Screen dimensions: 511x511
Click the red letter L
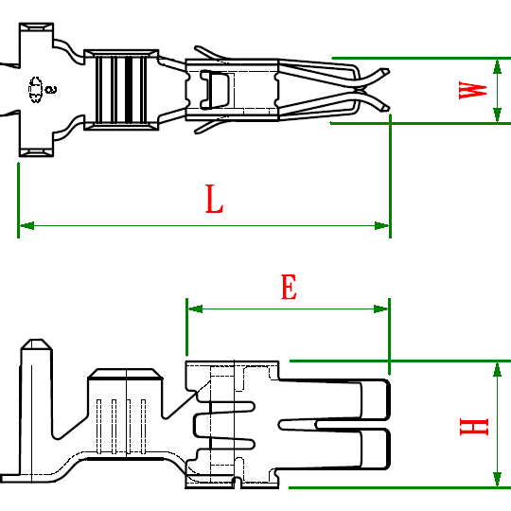pyautogui.click(x=214, y=199)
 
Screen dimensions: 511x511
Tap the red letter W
pyautogui.click(x=473, y=90)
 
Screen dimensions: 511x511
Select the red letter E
pyautogui.click(x=289, y=287)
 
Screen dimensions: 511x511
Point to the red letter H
pyautogui.click(x=474, y=427)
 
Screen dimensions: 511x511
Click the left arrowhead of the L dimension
pyautogui.click(x=26, y=225)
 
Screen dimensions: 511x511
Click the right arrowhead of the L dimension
pyautogui.click(x=381, y=225)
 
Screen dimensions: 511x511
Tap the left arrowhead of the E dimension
pyautogui.click(x=195, y=308)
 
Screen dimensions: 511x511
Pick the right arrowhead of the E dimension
pyautogui.click(x=381, y=308)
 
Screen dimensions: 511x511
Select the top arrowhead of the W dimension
pyautogui.click(x=497, y=67)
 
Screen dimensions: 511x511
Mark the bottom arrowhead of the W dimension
pyautogui.click(x=497, y=115)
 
